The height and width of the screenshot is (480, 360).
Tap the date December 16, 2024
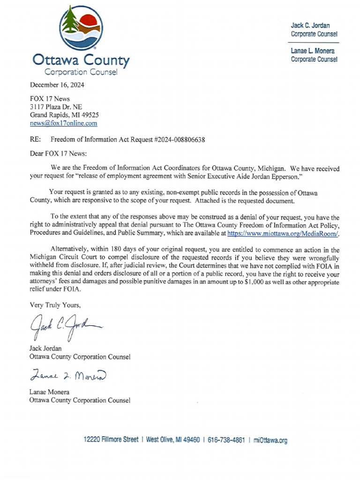[57, 85]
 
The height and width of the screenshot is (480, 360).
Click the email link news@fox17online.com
[64, 123]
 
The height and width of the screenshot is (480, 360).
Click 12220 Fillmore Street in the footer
[111, 440]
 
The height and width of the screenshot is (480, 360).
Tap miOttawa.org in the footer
[270, 440]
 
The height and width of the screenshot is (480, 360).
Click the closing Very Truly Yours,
[55, 305]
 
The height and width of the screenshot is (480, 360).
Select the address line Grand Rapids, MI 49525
[64, 115]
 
